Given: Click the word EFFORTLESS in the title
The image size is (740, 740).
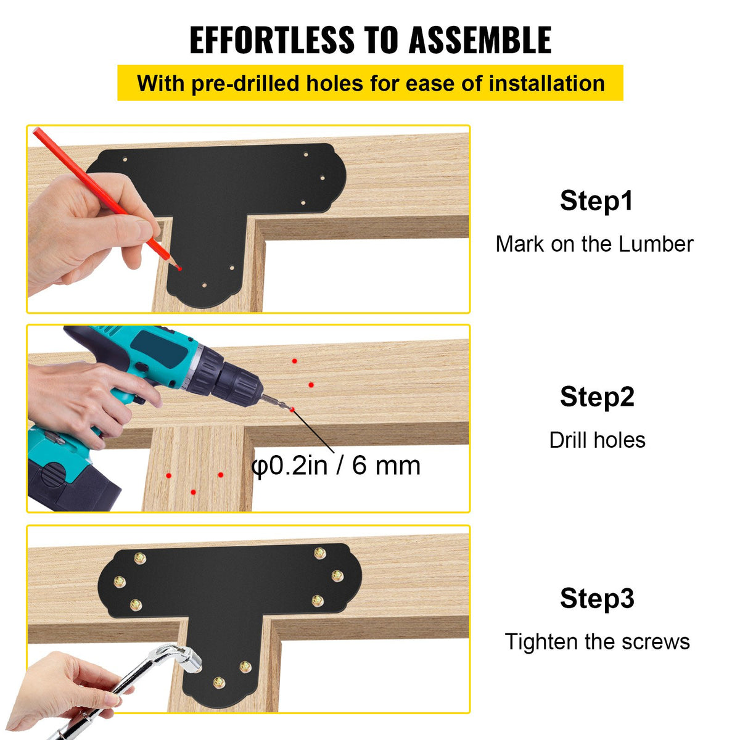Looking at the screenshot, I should click(271, 41).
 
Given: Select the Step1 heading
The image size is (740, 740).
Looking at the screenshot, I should click(596, 200).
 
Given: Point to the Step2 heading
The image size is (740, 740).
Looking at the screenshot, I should click(596, 397).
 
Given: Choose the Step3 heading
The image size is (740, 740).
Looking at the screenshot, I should click(596, 598).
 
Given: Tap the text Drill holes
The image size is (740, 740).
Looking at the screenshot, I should click(597, 440).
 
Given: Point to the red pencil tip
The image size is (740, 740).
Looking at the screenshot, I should click(179, 268).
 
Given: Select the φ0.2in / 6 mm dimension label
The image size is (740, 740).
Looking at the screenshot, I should click(336, 465).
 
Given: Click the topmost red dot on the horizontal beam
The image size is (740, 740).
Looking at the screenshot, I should click(295, 361).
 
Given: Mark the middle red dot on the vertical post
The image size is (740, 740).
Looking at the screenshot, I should click(194, 491).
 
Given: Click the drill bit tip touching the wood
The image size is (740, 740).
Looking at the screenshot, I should click(290, 409).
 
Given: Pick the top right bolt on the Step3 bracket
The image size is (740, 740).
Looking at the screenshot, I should click(319, 553).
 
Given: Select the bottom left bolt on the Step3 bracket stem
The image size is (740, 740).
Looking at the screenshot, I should click(218, 682).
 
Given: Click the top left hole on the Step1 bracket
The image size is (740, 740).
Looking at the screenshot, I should click(126, 159).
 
